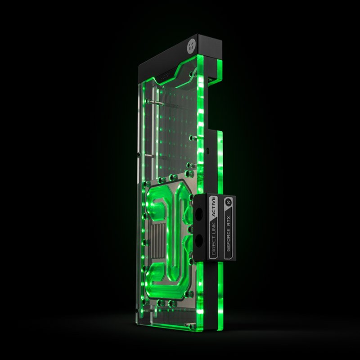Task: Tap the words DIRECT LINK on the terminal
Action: click(x=215, y=243)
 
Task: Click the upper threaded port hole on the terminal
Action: click(x=200, y=211)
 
